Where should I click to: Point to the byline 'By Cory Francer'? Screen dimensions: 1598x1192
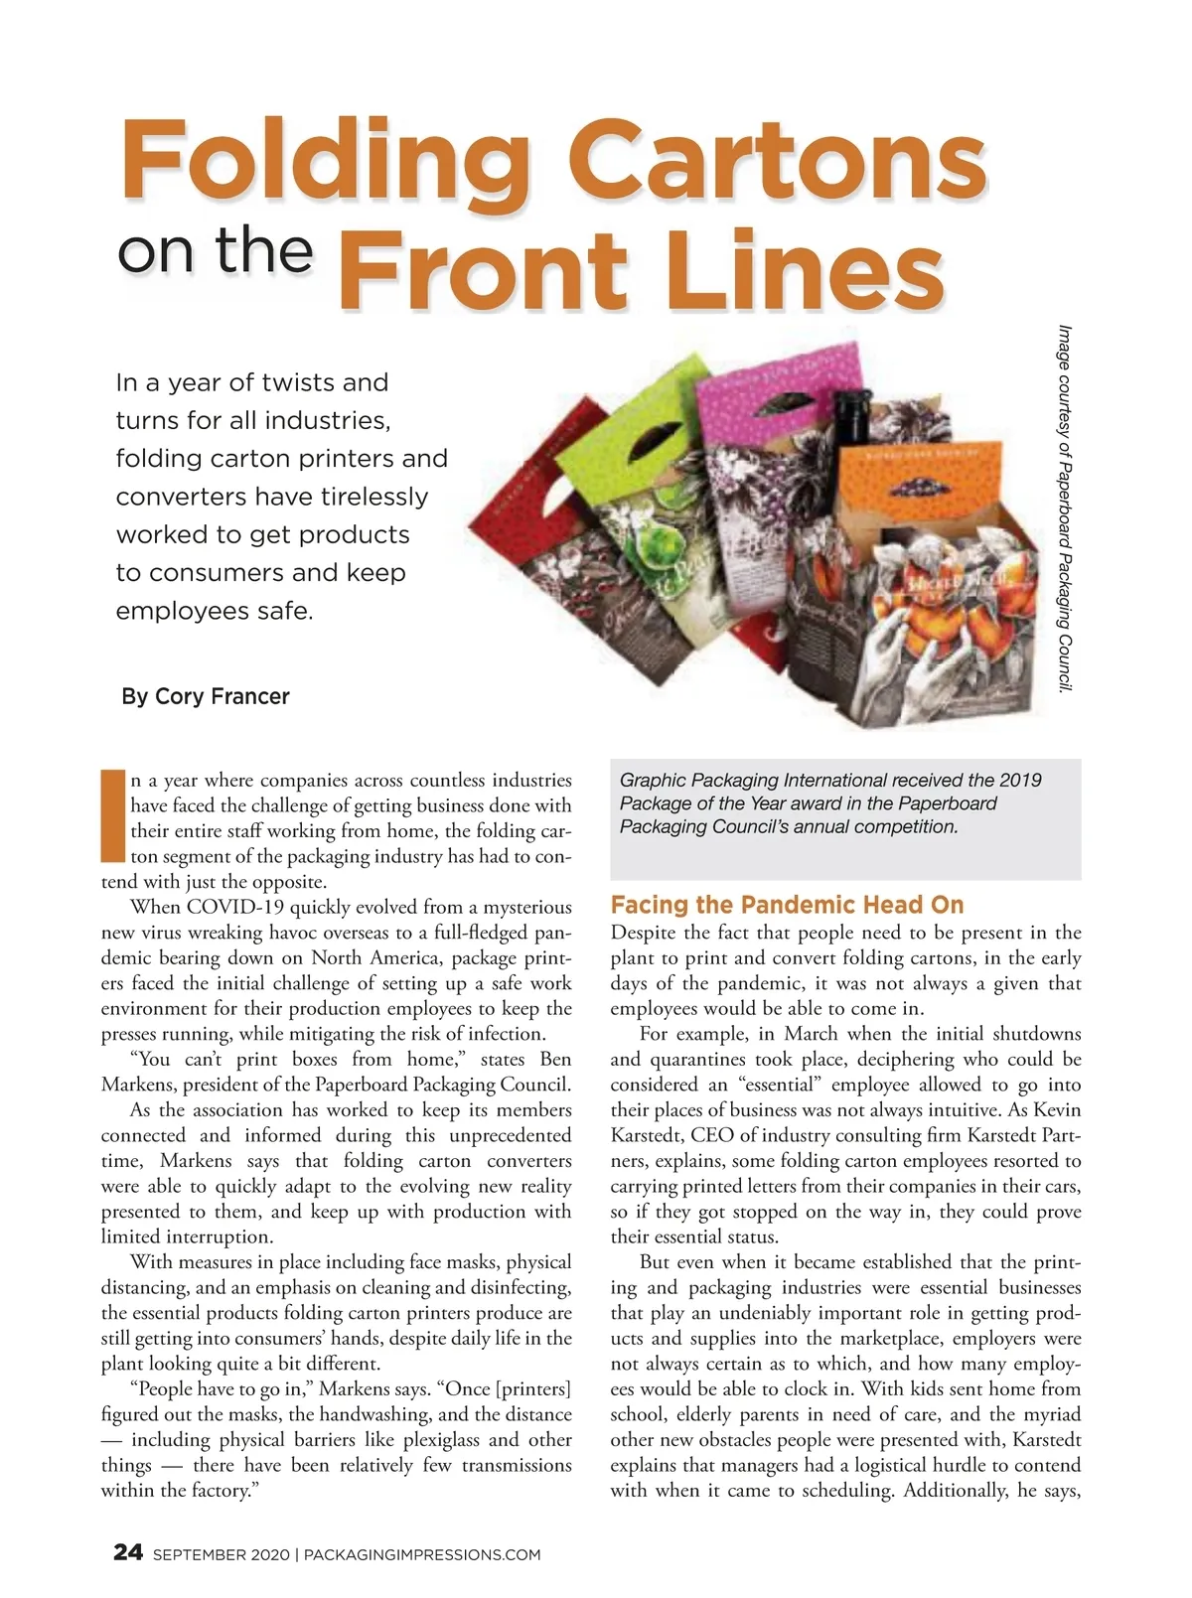pos(205,696)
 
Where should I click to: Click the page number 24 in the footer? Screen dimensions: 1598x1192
pos(128,1553)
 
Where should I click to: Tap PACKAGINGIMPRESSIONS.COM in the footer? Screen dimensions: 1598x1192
pos(422,1555)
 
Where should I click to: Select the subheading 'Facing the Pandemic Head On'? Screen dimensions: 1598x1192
pos(787,905)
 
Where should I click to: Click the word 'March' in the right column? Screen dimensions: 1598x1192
pos(811,1034)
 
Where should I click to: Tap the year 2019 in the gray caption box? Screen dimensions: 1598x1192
pos(1020,780)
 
